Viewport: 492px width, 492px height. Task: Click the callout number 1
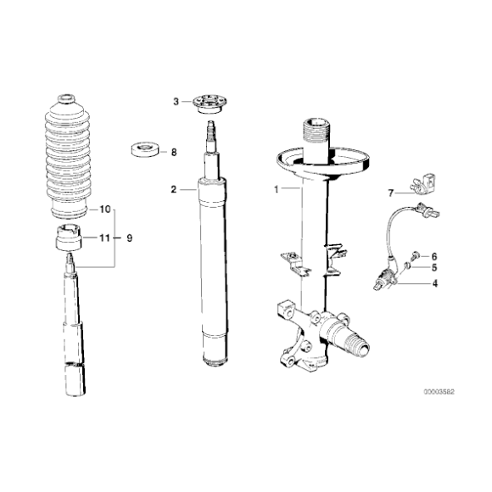(x=276, y=190)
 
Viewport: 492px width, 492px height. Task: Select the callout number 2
(x=173, y=190)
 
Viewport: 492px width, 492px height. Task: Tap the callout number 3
(x=176, y=101)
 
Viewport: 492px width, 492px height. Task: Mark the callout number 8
(x=174, y=153)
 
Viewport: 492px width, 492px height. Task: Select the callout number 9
(x=130, y=238)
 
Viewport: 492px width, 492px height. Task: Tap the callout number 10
(x=105, y=208)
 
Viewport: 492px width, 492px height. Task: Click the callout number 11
(x=104, y=239)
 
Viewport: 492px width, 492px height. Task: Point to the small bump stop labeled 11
(x=66, y=240)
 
